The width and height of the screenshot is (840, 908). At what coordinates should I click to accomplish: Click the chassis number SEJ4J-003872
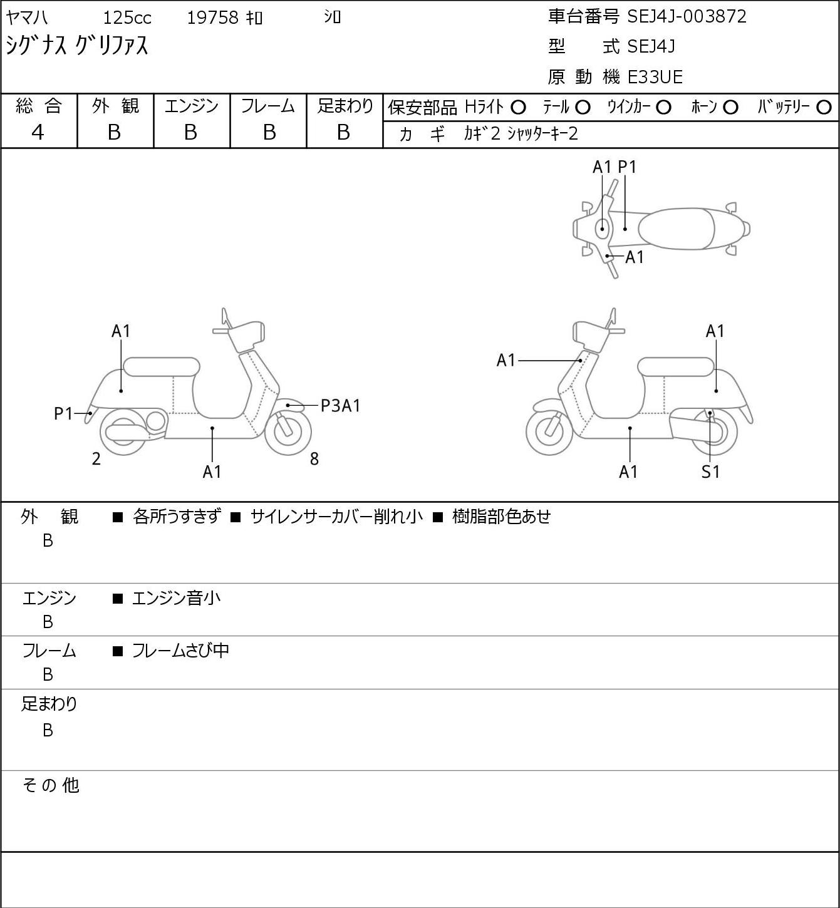tap(687, 17)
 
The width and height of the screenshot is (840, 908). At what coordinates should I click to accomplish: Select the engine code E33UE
tap(655, 77)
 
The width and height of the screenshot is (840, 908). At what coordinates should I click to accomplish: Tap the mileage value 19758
tap(213, 18)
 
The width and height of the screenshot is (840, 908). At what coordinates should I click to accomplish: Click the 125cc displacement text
tap(127, 18)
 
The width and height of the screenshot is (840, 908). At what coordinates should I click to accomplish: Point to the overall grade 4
tap(38, 133)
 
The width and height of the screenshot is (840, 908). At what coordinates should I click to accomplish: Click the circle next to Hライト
tap(518, 108)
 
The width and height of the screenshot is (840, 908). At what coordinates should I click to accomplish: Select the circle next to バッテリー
tap(824, 108)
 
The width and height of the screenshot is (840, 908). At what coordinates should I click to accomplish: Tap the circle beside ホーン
tap(730, 108)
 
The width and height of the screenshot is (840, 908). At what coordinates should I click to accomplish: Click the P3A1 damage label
tap(341, 406)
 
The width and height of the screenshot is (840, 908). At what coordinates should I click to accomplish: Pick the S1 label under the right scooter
tap(710, 472)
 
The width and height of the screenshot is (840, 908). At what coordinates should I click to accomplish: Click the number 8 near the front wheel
tap(314, 458)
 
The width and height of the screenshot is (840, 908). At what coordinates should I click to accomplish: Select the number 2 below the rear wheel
tap(96, 458)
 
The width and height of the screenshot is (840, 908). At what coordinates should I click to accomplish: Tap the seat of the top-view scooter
tap(676, 229)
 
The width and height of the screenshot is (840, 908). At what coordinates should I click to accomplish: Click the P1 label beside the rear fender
tap(64, 414)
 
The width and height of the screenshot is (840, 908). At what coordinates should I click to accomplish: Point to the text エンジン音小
tap(176, 599)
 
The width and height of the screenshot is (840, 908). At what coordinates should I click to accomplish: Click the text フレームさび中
tap(180, 651)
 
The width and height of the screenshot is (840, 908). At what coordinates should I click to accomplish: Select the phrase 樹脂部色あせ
tap(502, 517)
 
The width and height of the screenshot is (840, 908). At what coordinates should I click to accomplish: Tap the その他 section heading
tap(51, 785)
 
